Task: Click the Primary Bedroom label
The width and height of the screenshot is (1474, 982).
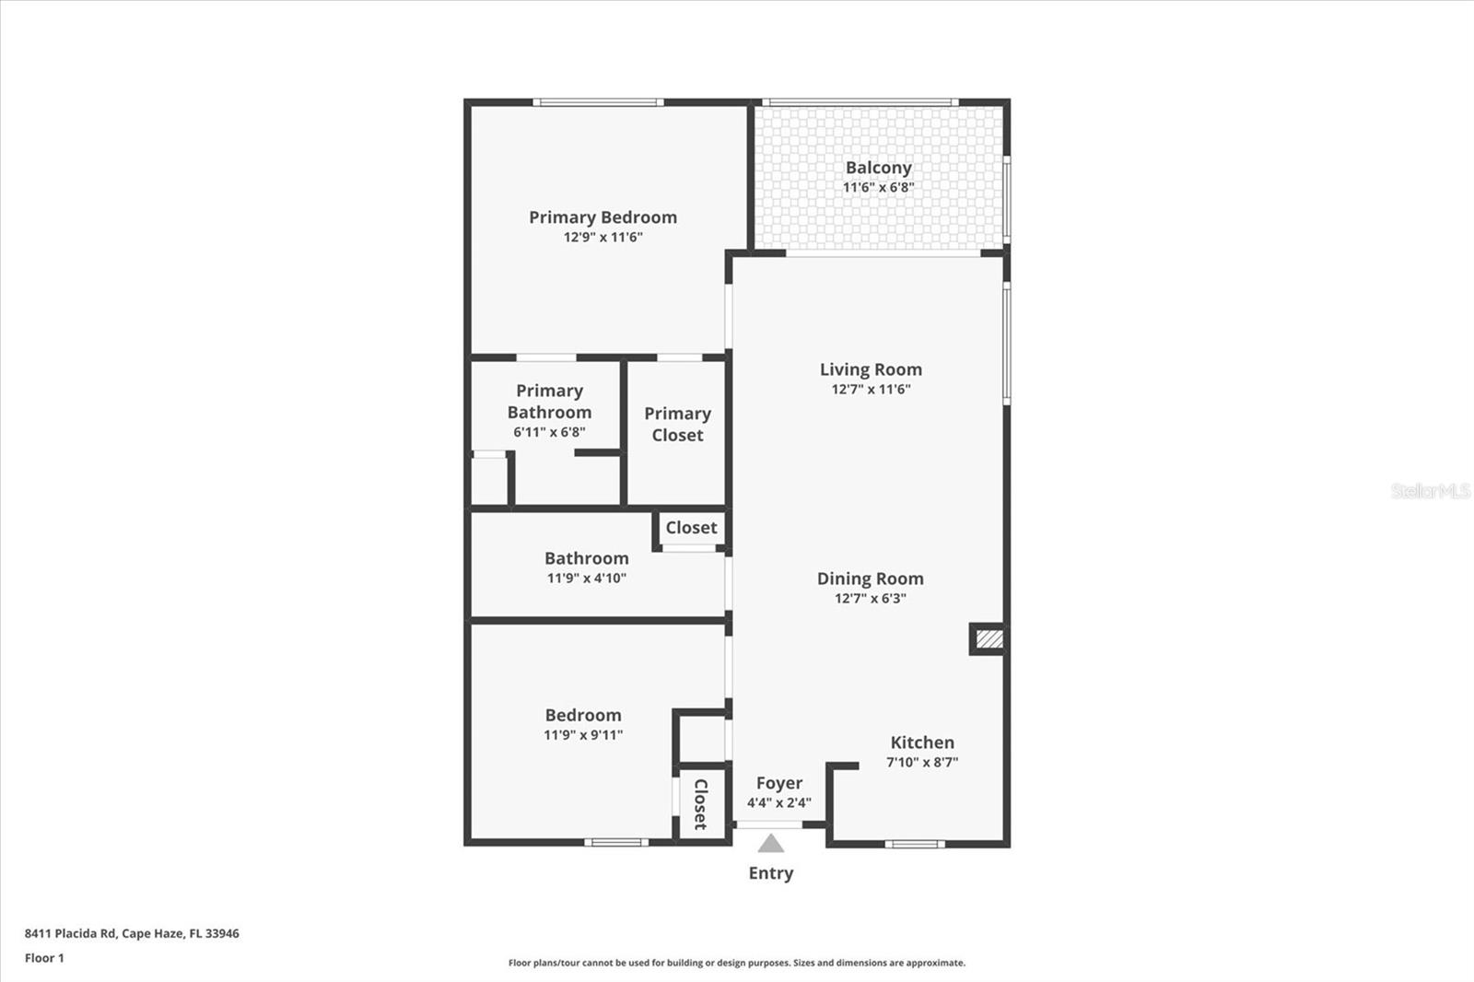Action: coord(602,217)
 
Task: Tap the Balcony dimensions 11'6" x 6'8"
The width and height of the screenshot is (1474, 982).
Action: coord(878,188)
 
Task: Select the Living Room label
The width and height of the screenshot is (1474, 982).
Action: coord(871,369)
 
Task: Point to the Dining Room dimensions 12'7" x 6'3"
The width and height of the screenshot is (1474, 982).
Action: coord(871,599)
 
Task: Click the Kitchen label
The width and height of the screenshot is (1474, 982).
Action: coord(922,742)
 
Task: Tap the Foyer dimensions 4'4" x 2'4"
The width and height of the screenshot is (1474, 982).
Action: coord(778,803)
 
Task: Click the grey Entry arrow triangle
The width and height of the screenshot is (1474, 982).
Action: coord(771,844)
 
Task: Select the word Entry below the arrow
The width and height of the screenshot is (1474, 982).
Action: coord(771,873)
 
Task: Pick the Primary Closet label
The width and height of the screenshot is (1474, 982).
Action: coord(677,425)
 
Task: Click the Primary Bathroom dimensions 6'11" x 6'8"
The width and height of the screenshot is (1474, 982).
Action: coord(549,432)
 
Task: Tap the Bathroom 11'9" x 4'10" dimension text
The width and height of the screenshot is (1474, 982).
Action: coord(587,579)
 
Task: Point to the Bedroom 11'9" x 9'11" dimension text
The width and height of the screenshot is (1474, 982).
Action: coord(583,735)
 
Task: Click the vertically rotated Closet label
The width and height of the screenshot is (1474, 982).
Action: coord(700,804)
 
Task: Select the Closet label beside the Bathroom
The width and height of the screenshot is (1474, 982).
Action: coord(691,528)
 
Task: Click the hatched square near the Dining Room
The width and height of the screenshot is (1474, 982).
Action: coord(989,639)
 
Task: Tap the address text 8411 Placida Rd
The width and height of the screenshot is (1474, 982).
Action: coord(70,933)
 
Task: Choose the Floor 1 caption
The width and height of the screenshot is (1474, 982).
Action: coord(44,958)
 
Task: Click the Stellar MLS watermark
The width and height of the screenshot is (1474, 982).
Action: coord(1430,491)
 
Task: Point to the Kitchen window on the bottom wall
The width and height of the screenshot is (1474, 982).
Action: coord(915,844)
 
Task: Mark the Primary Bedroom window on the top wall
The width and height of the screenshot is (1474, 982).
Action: coord(598,102)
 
